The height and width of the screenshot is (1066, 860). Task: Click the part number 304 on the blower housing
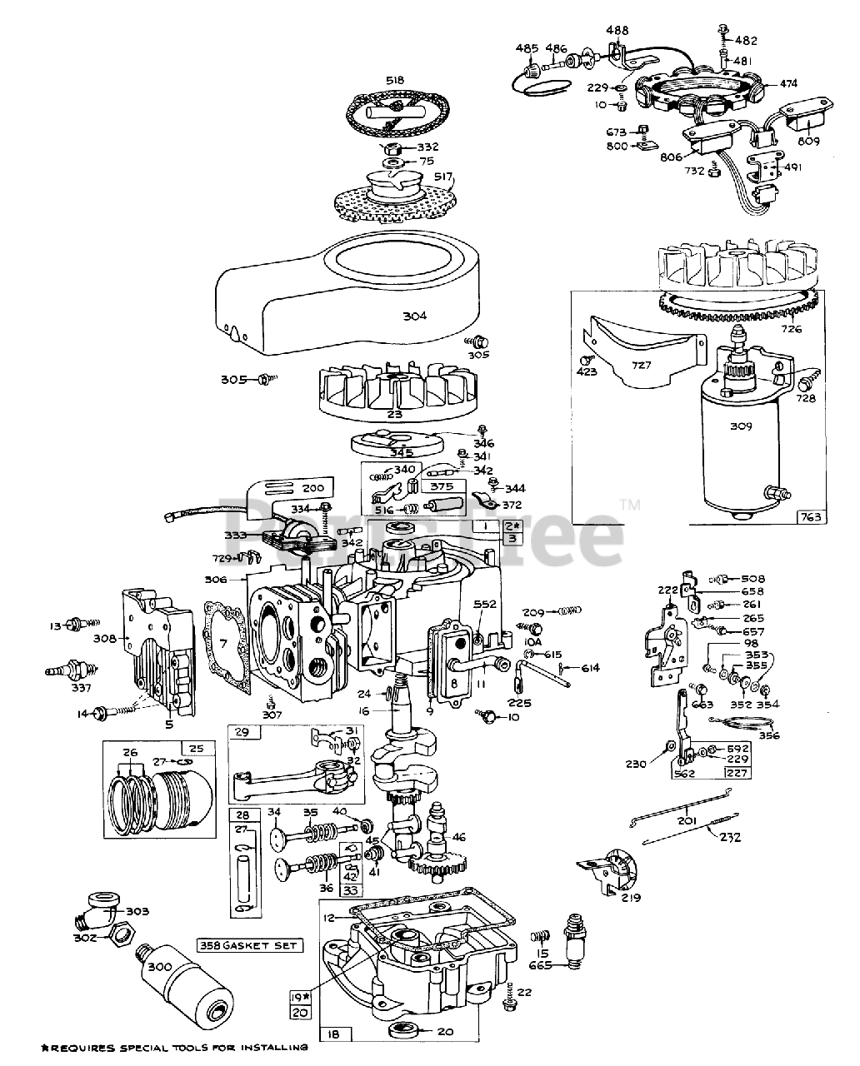click(x=414, y=316)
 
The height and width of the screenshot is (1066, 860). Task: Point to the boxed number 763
click(x=811, y=517)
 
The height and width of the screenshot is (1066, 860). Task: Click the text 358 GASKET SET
click(x=249, y=945)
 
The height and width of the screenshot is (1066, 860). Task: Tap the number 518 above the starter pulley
click(x=394, y=80)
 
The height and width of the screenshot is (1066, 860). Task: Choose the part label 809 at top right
click(x=808, y=141)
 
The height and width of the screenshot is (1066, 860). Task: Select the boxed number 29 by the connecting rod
click(x=241, y=731)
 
